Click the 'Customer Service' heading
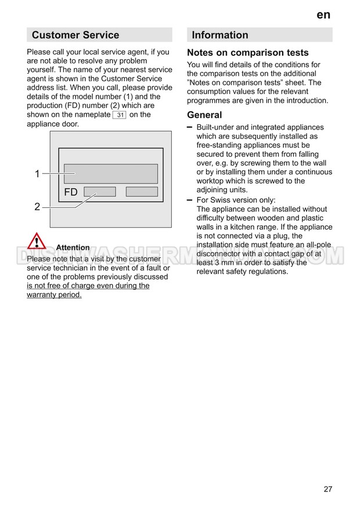pyautogui.click(x=75, y=35)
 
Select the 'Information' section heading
pyautogui.click(x=220, y=35)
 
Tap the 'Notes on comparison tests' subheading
pyautogui.click(x=248, y=53)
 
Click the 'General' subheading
pyautogui.click(x=204, y=115)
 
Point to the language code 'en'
pyautogui.click(x=323, y=15)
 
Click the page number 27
pyautogui.click(x=328, y=489)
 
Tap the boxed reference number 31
pyautogui.click(x=119, y=115)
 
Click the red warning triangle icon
pyautogui.click(x=36, y=242)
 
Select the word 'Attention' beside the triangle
pyautogui.click(x=73, y=247)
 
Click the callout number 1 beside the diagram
pyautogui.click(x=37, y=174)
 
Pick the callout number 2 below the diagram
pyautogui.click(x=37, y=206)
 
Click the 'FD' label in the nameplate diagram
pyautogui.click(x=71, y=192)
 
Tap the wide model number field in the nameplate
pyautogui.click(x=111, y=174)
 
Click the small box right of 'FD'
pyautogui.click(x=100, y=192)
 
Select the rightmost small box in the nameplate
pyautogui.click(x=142, y=192)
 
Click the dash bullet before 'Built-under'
pyautogui.click(x=190, y=127)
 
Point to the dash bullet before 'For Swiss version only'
pyautogui.click(x=190, y=199)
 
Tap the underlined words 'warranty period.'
pyautogui.click(x=54, y=294)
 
